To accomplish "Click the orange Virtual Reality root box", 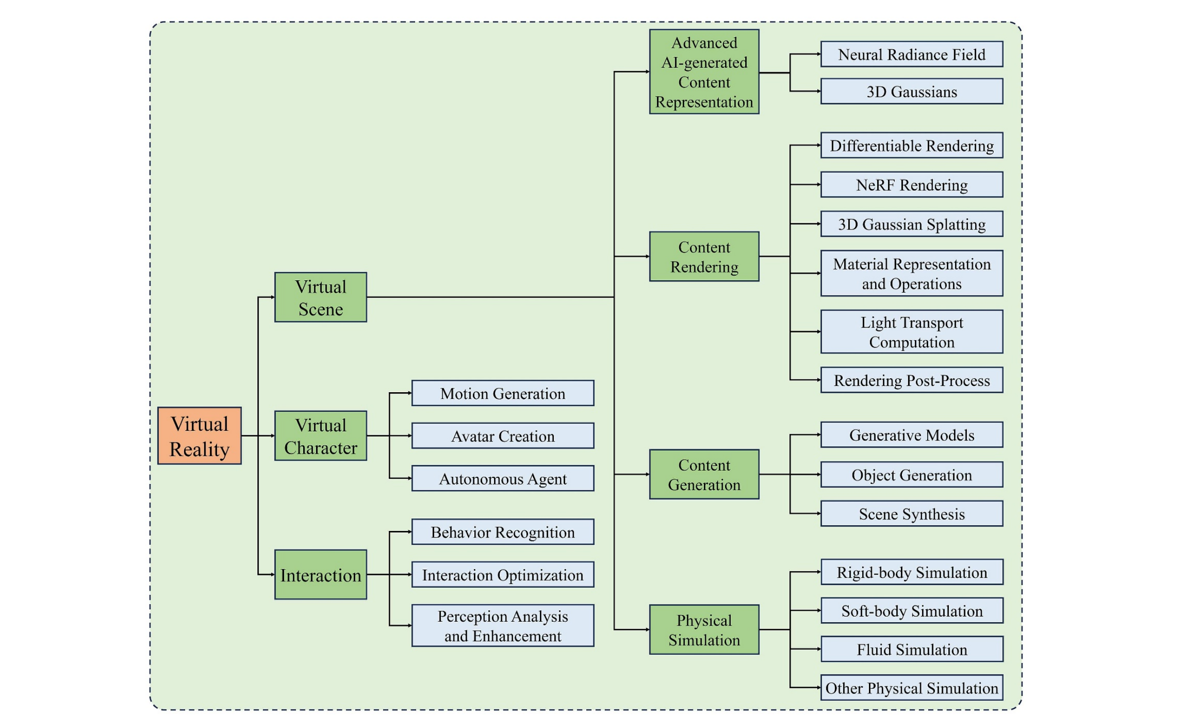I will coord(199,435).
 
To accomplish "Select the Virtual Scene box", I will coord(320,297).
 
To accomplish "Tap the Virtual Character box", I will coord(320,435).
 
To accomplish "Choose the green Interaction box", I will coord(320,574).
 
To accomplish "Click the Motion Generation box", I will coord(503,393).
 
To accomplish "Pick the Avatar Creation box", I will coord(503,435).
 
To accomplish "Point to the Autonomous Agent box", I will coord(503,478).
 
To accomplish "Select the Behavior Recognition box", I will coord(503,532).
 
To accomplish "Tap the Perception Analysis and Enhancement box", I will coord(503,626).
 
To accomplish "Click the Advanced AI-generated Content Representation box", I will coord(704,72).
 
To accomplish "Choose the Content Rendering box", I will coord(704,256).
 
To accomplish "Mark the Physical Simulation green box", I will coord(704,629).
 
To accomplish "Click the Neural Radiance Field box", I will coord(911,54).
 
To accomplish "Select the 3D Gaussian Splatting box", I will coord(911,224).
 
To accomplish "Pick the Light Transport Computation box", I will coord(911,331).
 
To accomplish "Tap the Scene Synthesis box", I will coord(911,513).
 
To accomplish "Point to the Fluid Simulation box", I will coord(911,649).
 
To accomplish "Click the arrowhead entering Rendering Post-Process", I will coord(819,380).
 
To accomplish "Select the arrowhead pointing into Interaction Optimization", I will coord(410,574).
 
